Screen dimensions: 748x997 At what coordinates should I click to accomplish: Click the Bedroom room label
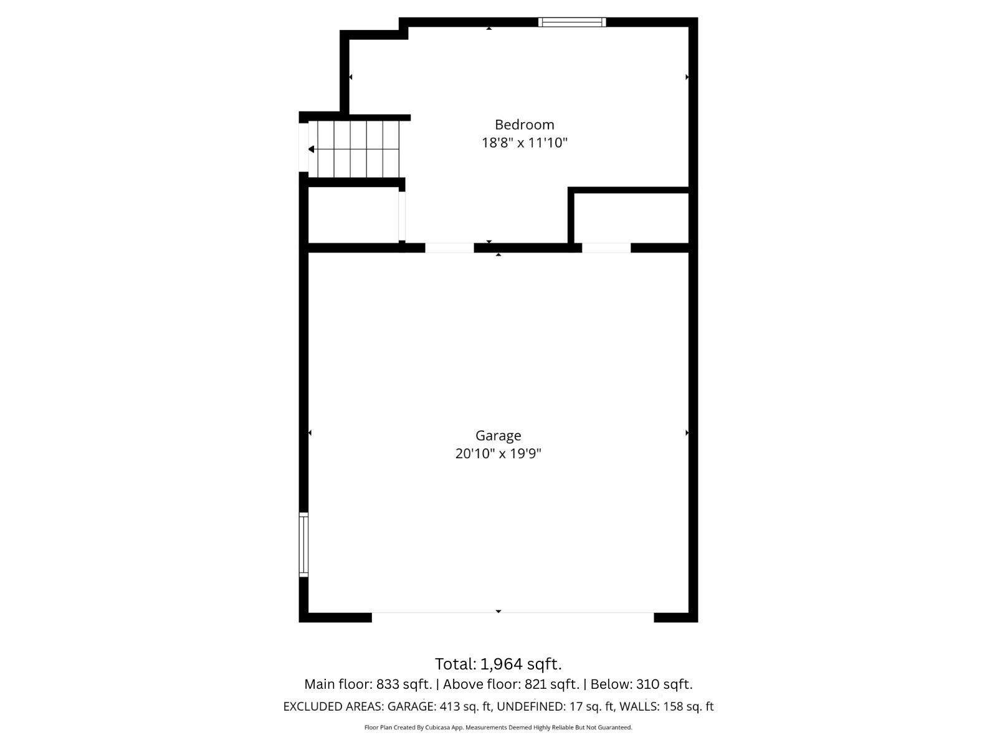[524, 125]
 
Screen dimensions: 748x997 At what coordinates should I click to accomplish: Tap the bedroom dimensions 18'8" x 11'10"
[524, 143]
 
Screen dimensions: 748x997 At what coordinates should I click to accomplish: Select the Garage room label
[498, 436]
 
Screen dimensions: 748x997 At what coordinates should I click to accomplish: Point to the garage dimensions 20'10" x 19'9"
[498, 453]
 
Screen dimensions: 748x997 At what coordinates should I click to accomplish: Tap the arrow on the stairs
[312, 149]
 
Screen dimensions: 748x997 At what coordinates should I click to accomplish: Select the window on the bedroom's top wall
[572, 22]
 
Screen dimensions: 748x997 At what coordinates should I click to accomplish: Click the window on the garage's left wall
[303, 544]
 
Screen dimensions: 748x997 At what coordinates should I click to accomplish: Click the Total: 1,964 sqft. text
[498, 664]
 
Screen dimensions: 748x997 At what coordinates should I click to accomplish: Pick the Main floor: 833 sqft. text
[368, 684]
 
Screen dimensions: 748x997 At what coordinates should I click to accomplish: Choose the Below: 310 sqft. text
[641, 684]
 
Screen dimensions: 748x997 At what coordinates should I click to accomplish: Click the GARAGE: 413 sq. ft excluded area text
[440, 707]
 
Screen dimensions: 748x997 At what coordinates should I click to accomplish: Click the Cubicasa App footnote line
[498, 727]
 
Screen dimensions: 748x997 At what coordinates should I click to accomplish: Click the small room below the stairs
[353, 215]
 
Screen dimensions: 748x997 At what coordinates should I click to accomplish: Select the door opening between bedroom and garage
[449, 248]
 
